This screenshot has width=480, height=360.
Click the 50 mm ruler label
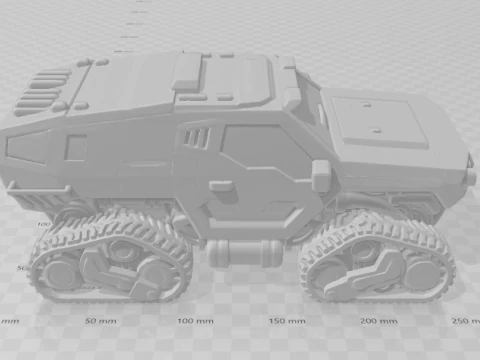(98, 321)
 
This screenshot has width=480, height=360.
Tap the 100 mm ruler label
(193, 321)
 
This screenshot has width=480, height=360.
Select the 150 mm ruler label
(288, 321)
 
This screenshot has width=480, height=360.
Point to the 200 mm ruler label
(382, 321)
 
